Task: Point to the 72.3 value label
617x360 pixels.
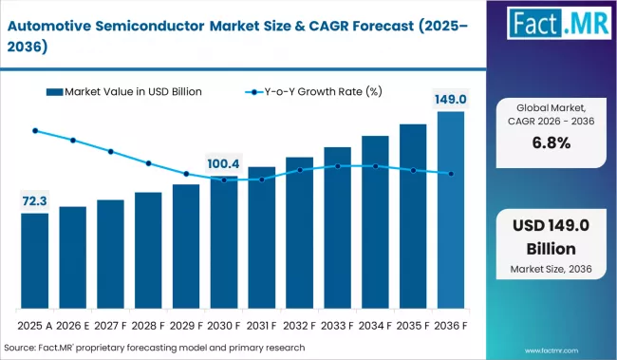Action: (34, 201)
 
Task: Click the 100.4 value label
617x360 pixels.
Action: (224, 163)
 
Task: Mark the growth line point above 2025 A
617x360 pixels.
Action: (35, 131)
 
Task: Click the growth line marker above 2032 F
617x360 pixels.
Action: (300, 170)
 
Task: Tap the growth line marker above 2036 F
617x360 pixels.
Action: (451, 173)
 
